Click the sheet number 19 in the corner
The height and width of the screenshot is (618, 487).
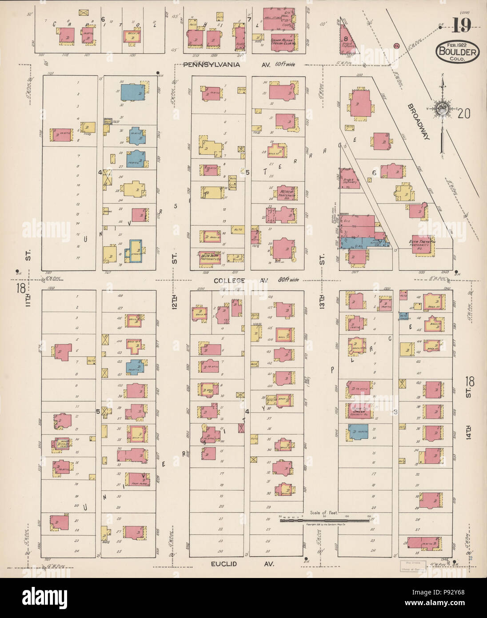[x=462, y=27]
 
